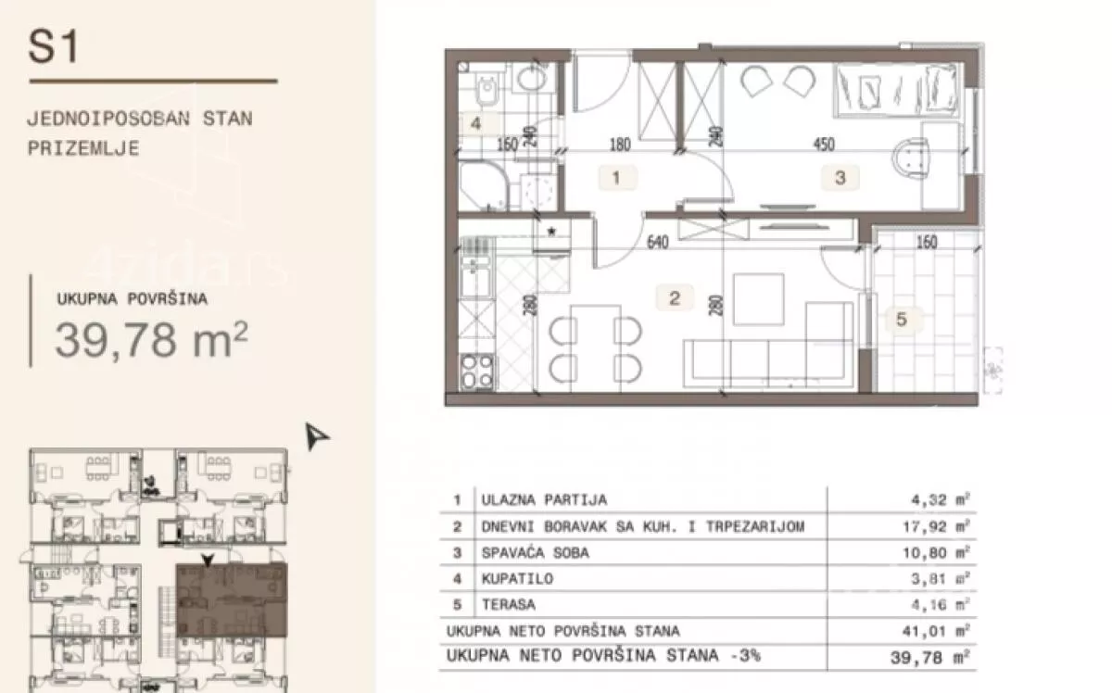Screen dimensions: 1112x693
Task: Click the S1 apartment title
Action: click(x=53, y=46)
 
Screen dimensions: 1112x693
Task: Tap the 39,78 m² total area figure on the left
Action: click(x=151, y=339)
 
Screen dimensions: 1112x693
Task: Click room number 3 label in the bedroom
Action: click(x=840, y=178)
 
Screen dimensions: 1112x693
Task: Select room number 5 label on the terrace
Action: click(x=902, y=320)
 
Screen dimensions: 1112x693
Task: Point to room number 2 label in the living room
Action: click(x=675, y=297)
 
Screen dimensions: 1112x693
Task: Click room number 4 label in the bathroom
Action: click(x=475, y=122)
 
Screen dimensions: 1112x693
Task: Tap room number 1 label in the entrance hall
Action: click(x=616, y=177)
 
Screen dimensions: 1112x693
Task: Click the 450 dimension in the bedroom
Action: click(x=824, y=144)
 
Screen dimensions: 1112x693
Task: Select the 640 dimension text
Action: click(x=658, y=242)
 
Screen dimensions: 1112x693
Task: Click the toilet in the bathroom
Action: click(x=487, y=89)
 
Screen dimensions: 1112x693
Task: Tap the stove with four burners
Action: click(x=477, y=372)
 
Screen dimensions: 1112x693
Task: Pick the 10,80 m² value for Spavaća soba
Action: click(x=936, y=552)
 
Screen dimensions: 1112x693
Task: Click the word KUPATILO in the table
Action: click(x=517, y=578)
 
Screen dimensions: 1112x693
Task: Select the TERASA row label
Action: click(x=509, y=604)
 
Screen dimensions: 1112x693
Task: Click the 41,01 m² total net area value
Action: click(x=936, y=631)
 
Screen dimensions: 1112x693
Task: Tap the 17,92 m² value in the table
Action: click(x=936, y=526)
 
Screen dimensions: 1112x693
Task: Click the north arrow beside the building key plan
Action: click(x=316, y=436)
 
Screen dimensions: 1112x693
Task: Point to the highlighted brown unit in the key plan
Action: click(x=232, y=599)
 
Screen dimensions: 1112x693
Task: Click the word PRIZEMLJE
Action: click(x=83, y=148)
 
